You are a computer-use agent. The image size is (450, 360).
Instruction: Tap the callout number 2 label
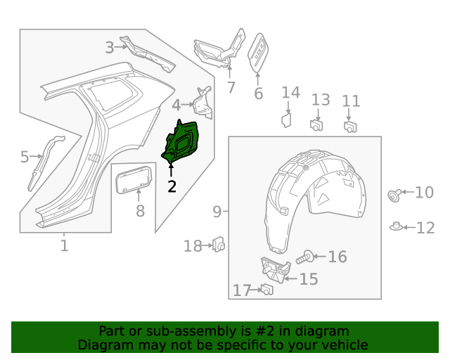[x=172, y=186]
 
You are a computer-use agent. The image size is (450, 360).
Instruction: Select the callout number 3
[x=110, y=47]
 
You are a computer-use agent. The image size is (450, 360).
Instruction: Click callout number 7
[x=231, y=87]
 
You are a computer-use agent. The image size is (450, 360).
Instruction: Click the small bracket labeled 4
[x=203, y=103]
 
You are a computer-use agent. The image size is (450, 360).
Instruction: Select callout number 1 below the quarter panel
[x=64, y=245]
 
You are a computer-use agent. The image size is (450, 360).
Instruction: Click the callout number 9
[x=217, y=211]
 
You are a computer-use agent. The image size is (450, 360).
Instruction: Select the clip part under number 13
[x=316, y=125]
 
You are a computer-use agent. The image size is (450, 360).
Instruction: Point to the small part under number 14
[x=287, y=119]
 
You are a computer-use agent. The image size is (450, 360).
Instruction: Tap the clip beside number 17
[x=266, y=289]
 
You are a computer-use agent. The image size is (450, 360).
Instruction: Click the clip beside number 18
[x=219, y=245]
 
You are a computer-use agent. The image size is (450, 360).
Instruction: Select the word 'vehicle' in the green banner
[x=343, y=345]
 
